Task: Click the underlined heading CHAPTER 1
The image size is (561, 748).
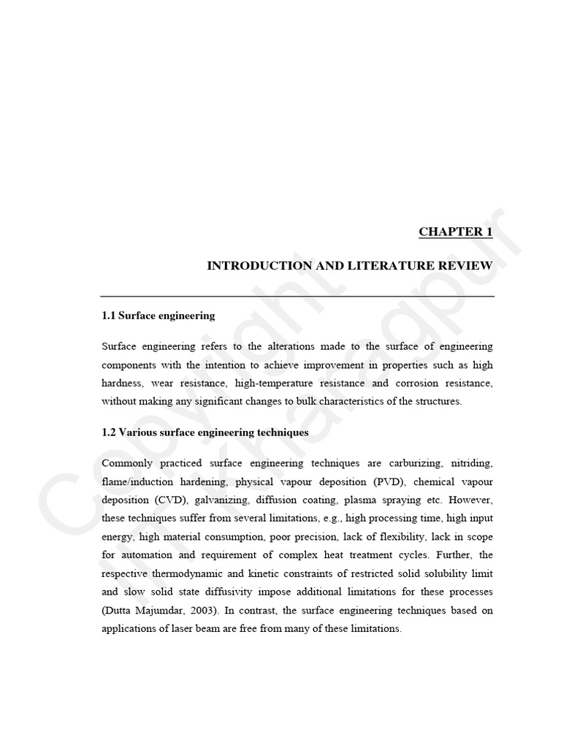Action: point(455,232)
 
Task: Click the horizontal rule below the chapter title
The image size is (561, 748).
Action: point(297,297)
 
